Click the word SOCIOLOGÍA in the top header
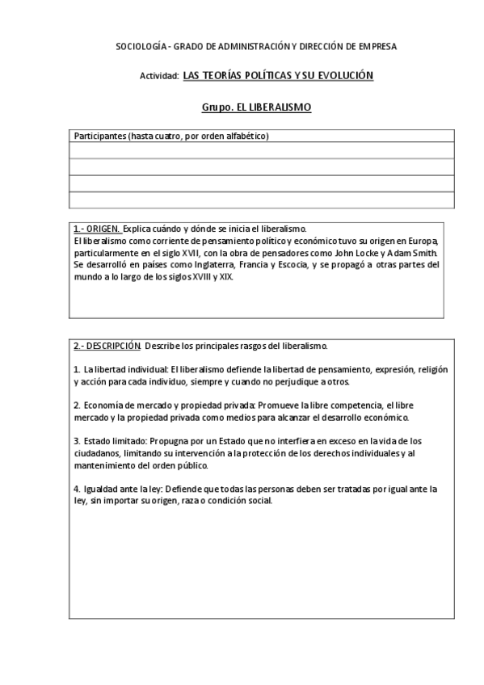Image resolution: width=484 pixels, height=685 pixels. (x=139, y=47)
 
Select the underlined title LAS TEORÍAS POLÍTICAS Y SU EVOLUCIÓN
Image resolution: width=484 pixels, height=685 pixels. (x=278, y=75)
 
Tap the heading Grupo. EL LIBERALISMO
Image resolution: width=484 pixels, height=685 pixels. (x=255, y=107)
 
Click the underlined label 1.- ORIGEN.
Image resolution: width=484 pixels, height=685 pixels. (x=96, y=229)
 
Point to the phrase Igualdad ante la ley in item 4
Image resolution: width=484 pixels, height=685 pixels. (x=122, y=489)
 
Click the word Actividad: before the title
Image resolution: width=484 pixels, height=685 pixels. (x=159, y=76)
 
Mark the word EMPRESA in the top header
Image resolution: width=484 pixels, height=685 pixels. (x=377, y=47)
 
